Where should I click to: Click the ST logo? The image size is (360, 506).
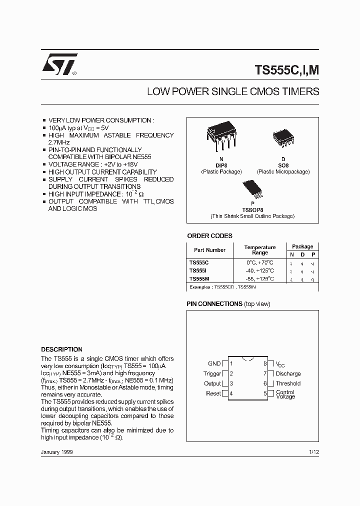click(x=59, y=64)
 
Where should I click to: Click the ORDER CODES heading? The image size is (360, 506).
click(x=209, y=236)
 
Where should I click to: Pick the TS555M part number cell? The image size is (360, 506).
click(x=200, y=278)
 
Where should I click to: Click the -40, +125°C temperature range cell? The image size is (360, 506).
click(x=260, y=270)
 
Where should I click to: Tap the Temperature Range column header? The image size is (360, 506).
click(x=260, y=250)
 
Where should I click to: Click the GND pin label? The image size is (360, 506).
click(x=214, y=363)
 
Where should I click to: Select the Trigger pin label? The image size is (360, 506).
click(x=212, y=373)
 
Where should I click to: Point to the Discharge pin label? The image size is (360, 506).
click(x=288, y=373)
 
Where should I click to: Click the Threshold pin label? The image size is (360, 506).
click(x=288, y=383)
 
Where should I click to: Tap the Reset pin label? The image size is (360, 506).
click(x=213, y=393)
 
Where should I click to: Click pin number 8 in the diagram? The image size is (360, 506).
click(x=265, y=363)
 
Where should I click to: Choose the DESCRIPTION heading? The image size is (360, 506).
click(x=61, y=349)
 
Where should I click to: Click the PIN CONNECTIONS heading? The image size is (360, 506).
click(x=214, y=304)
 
